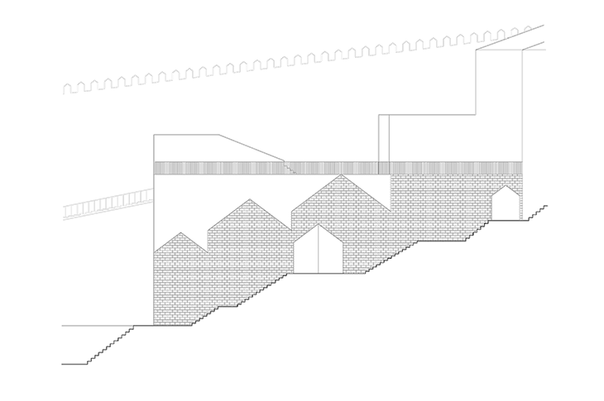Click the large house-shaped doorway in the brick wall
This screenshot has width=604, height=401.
317,252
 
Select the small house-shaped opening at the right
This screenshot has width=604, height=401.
506,205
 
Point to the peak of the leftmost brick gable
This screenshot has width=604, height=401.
181,233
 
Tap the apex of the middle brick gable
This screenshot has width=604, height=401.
249,199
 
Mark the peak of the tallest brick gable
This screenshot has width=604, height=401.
340,175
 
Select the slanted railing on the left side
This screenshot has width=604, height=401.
108,203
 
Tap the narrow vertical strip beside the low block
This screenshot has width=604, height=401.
383,137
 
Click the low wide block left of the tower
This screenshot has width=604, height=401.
430,137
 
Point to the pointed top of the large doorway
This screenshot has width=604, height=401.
317,225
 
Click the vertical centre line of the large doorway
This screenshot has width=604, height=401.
317,256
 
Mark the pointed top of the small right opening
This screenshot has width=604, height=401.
506,187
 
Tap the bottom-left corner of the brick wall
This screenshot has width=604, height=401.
155,325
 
